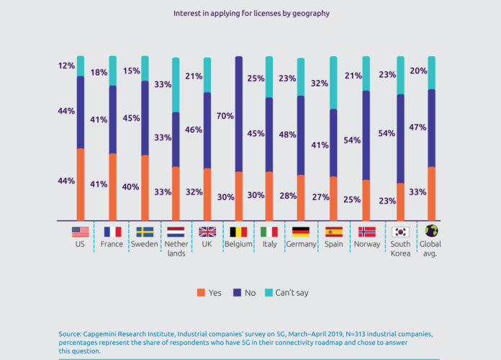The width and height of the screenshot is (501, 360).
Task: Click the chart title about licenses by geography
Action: tap(250, 13)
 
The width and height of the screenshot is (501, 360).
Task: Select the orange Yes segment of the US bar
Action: tap(81, 184)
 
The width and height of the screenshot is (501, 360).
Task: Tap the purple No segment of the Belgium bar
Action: tap(239, 114)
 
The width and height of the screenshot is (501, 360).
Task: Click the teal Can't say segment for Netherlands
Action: tap(176, 85)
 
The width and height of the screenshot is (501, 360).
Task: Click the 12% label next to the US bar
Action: tap(67, 66)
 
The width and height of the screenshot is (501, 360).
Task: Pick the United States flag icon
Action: tap(80, 232)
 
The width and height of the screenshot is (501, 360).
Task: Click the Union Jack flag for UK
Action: tap(207, 232)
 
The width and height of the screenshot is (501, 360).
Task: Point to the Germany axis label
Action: tap(301, 245)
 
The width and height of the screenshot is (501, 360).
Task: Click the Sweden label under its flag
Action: tap(144, 245)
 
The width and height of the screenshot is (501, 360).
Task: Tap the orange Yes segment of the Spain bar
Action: tap(333, 198)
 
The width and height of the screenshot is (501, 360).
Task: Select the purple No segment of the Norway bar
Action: tap(366, 135)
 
